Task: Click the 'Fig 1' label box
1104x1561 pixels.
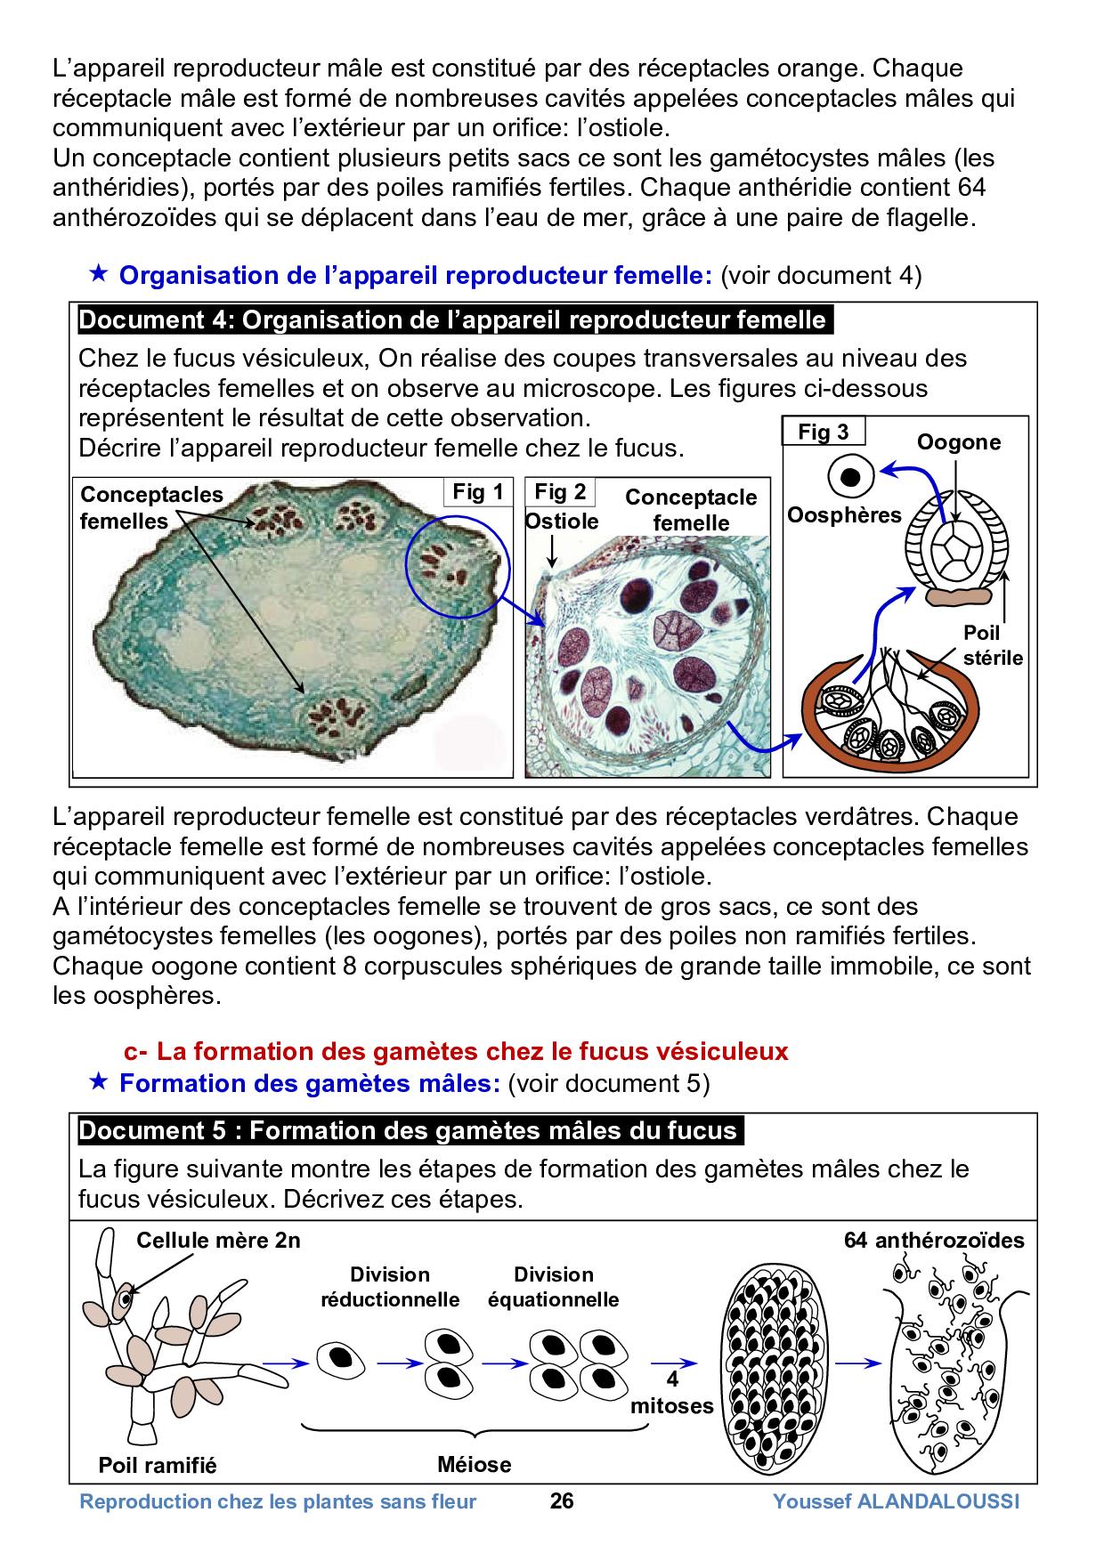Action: (x=478, y=492)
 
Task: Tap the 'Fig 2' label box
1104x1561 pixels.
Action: (x=560, y=492)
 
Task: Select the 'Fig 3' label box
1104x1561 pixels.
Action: (x=823, y=433)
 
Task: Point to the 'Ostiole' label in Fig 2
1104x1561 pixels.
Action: (x=562, y=521)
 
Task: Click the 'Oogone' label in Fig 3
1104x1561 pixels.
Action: (x=959, y=442)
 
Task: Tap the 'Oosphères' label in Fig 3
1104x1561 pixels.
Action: (x=844, y=514)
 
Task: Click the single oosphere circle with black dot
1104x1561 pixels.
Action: (x=851, y=477)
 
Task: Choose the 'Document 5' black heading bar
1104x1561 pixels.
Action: (x=410, y=1130)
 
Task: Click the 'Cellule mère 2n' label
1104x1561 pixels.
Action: (x=218, y=1241)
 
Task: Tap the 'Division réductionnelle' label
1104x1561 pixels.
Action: (x=390, y=1287)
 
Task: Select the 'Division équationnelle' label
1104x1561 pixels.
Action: (x=553, y=1287)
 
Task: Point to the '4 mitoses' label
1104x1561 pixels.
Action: (x=672, y=1393)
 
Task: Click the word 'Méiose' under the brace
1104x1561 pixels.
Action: (x=475, y=1464)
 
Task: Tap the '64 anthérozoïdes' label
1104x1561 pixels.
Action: (x=934, y=1241)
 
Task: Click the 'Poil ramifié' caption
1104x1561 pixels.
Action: (x=158, y=1465)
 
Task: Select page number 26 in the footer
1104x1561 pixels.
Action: (x=562, y=1502)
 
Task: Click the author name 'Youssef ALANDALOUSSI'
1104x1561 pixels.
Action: (x=896, y=1502)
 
